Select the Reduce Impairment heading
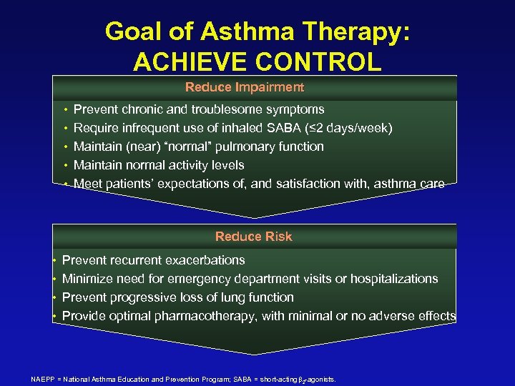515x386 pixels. click(245, 88)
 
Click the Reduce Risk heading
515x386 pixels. click(253, 237)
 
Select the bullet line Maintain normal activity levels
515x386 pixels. click(159, 165)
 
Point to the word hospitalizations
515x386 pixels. click(395, 279)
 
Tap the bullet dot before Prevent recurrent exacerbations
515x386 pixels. click(54, 261)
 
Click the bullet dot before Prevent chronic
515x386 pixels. click(66, 110)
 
